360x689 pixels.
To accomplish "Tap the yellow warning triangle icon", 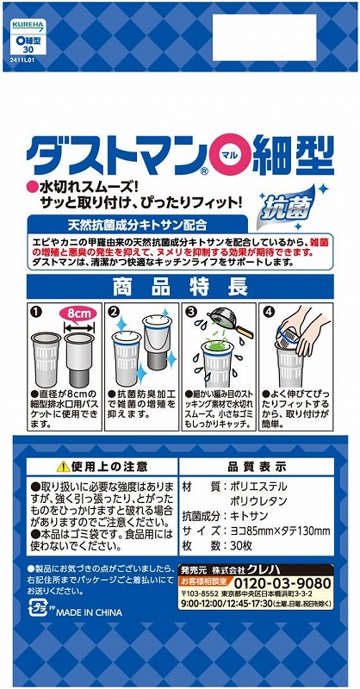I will [62, 465].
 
